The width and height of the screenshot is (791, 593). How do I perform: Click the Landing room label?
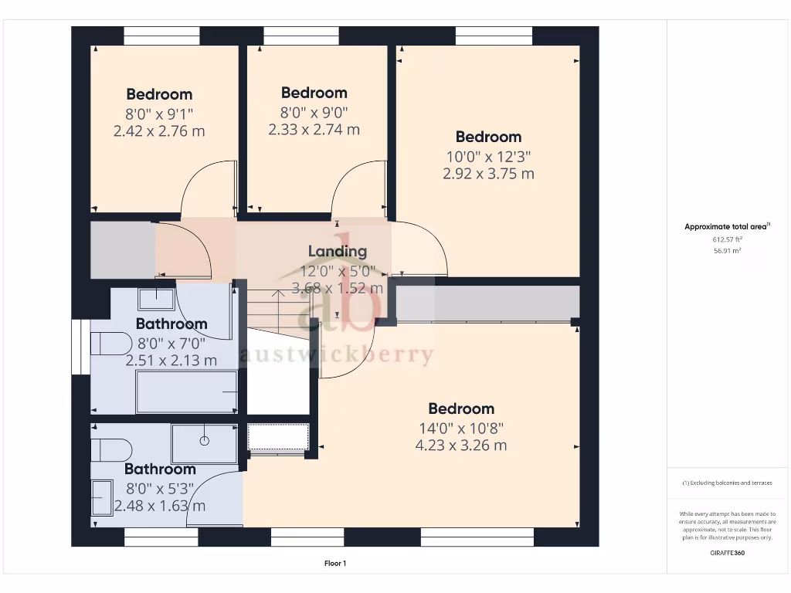point(338,251)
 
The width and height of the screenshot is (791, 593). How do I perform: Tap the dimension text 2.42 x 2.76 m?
point(159,131)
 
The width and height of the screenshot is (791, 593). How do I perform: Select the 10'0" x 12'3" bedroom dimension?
point(488,156)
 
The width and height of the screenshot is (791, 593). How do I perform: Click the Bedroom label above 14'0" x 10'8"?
point(461,408)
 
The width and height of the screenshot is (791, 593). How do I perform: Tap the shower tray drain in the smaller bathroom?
point(205,441)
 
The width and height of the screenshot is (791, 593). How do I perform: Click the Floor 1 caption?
point(334,564)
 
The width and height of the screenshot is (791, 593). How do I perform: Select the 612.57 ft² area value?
point(727,239)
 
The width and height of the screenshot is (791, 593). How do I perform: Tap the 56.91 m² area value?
point(727,250)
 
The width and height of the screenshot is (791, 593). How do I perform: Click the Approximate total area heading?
point(727,227)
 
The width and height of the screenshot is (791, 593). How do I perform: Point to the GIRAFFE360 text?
point(727,553)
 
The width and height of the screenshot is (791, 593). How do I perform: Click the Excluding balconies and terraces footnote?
point(727,483)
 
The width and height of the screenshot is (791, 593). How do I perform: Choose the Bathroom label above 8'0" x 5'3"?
point(160,469)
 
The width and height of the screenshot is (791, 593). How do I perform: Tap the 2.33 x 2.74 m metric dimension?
point(314,130)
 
